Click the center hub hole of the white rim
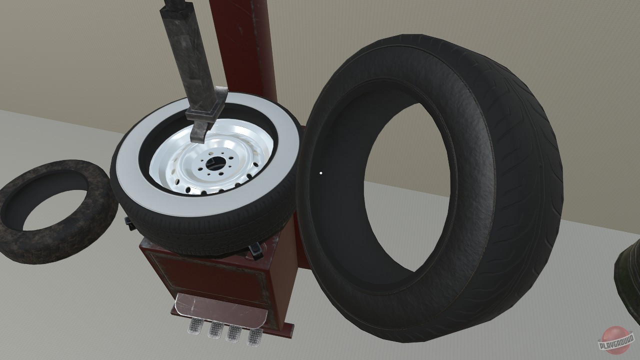coord(213,163)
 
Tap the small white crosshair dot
coord(320,173)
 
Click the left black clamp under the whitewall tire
coord(129,223)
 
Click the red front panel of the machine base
coord(210,275)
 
